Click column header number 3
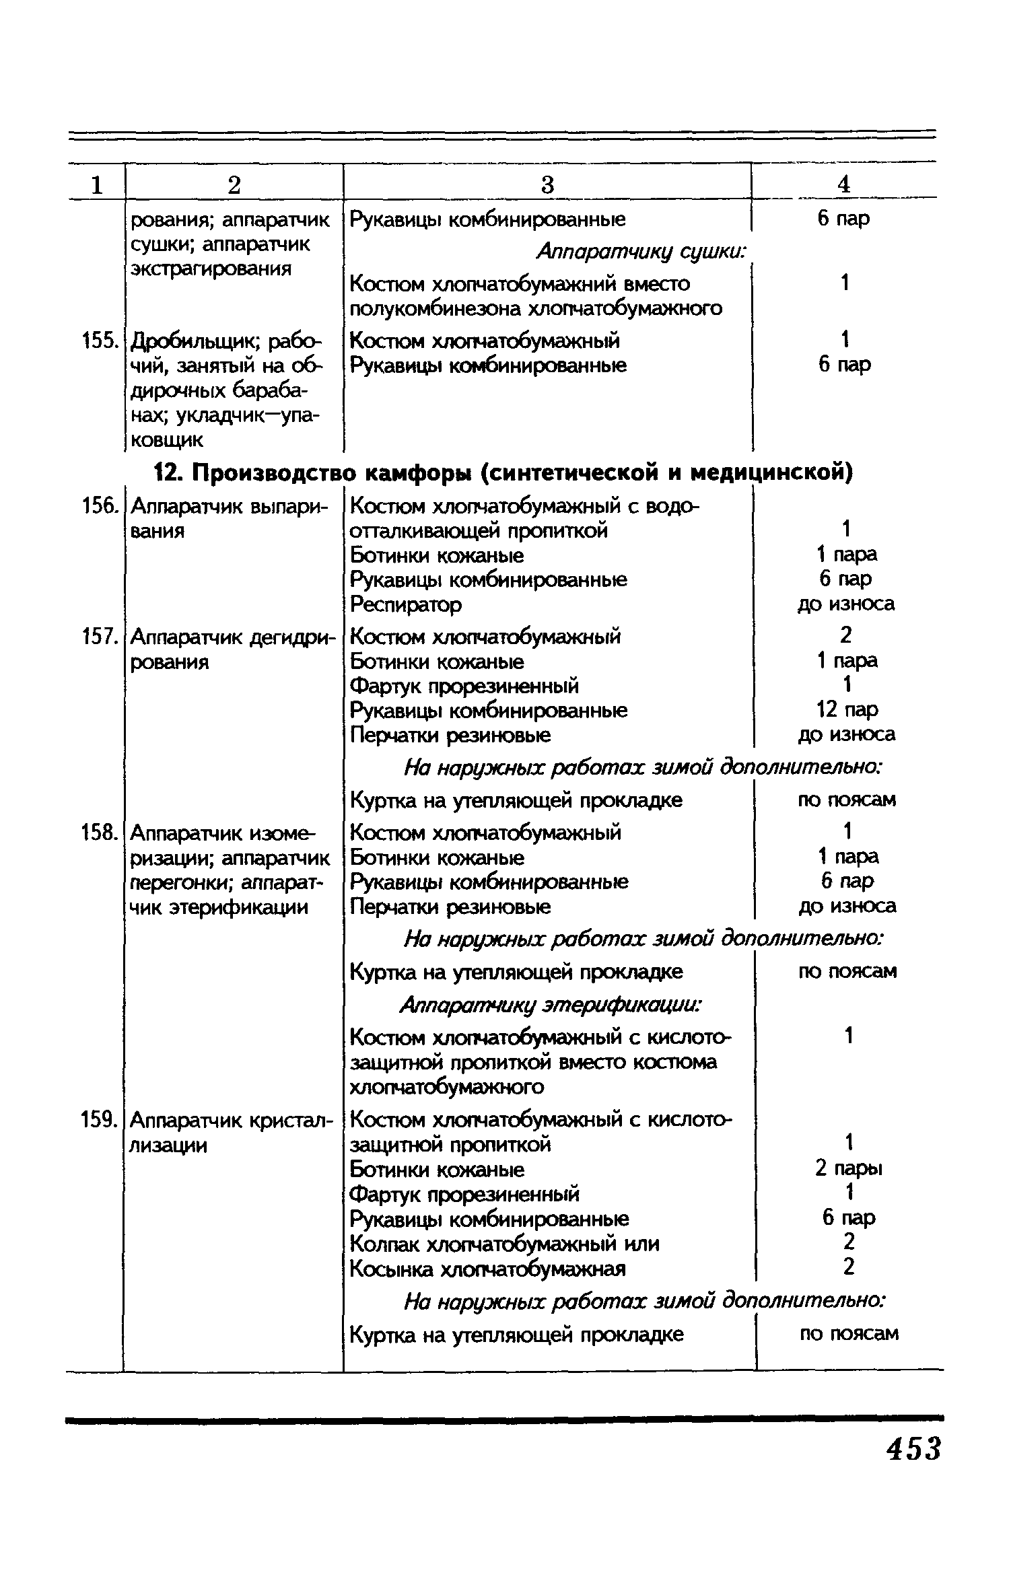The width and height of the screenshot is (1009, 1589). tap(547, 184)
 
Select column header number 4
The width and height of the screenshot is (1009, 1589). tap(844, 184)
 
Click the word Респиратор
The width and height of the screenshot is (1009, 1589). tap(406, 604)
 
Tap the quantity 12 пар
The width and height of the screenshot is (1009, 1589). tap(846, 709)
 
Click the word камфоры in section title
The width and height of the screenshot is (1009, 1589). tap(418, 473)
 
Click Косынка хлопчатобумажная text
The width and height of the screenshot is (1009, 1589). tap(488, 1269)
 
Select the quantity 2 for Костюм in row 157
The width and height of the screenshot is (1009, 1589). tap(846, 635)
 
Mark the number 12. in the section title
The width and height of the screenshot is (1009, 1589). tap(168, 473)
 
